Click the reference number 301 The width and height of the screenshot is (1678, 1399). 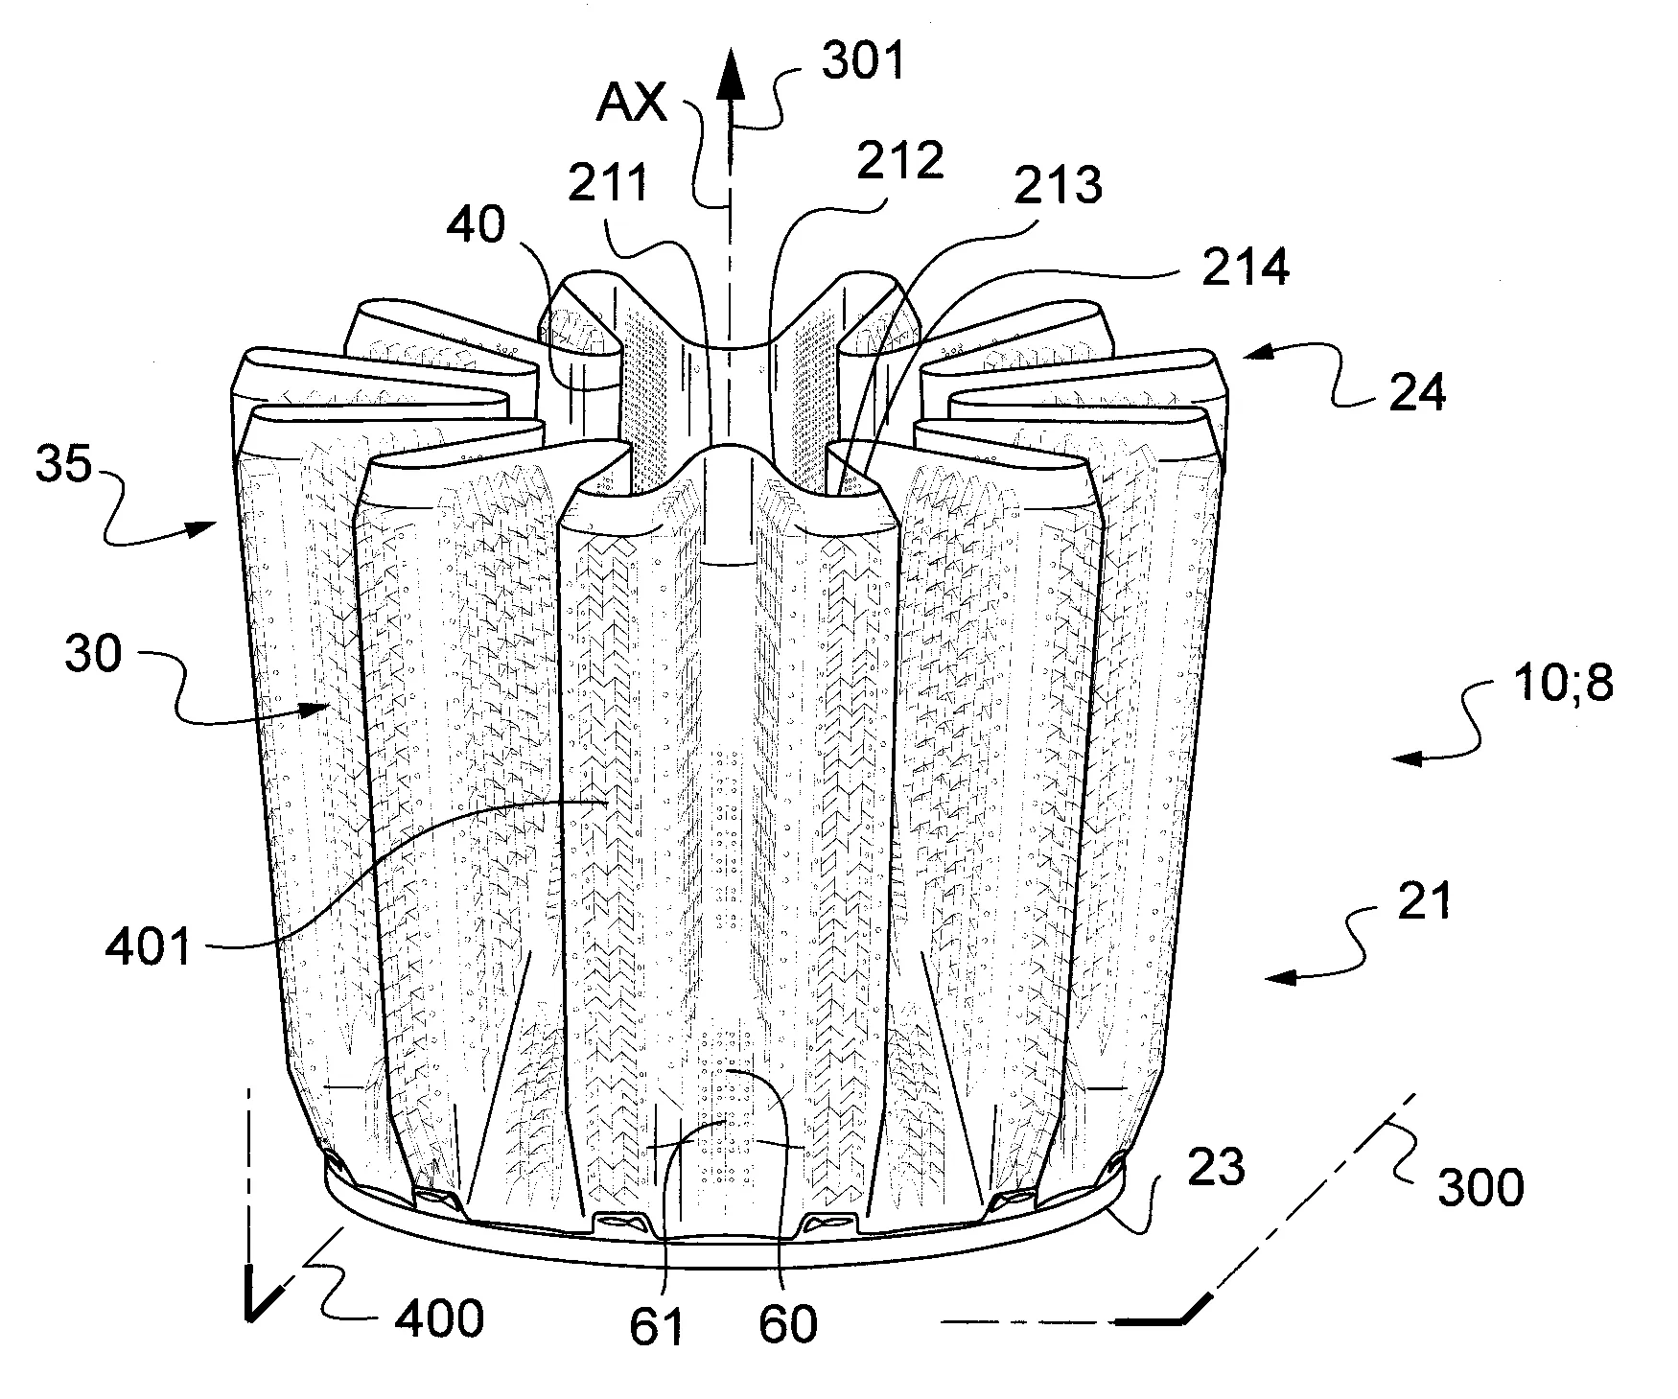[863, 62]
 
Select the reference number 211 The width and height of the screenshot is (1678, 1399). [608, 183]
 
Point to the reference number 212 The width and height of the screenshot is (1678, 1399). [900, 160]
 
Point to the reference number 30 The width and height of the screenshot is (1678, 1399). [94, 655]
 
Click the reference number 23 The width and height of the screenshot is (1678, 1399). [1217, 1168]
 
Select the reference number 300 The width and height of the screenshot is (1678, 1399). [1480, 1188]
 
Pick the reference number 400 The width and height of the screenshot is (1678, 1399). [440, 1319]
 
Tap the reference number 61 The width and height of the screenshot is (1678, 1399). [659, 1326]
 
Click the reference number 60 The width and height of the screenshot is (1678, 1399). [788, 1324]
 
